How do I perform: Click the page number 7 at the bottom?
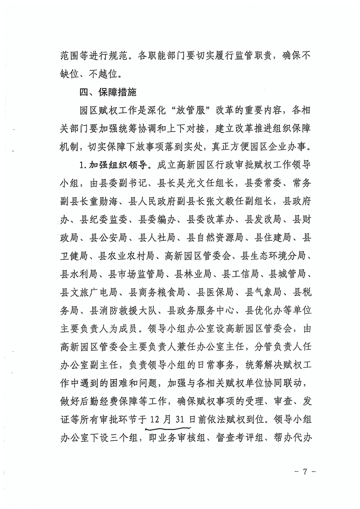point(305,471)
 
